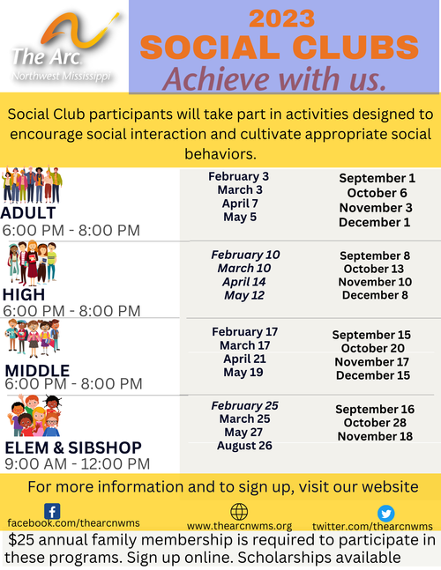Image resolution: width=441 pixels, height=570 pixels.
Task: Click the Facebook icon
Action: (x=52, y=512)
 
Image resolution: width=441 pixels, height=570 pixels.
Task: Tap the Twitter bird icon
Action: (x=386, y=514)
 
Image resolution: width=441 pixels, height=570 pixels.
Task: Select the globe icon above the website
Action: (x=239, y=512)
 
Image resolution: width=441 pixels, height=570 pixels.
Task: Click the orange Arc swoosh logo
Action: (x=78, y=32)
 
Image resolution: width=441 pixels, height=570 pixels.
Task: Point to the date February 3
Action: (x=239, y=176)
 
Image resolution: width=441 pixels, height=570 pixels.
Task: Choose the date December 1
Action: (x=375, y=222)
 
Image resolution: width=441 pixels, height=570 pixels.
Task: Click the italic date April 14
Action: (x=244, y=282)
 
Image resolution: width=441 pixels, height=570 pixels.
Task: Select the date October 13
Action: (x=374, y=269)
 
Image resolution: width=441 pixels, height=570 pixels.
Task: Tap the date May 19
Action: (x=243, y=373)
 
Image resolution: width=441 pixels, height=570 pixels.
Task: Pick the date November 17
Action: (x=372, y=362)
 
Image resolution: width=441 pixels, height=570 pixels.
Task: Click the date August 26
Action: (x=244, y=445)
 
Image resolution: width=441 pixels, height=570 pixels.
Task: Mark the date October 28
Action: (x=375, y=422)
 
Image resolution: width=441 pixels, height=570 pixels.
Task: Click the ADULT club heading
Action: (x=28, y=213)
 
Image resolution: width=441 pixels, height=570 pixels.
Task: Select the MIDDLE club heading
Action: (x=37, y=370)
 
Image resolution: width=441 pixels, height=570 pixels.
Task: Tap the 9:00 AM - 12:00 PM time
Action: (x=77, y=464)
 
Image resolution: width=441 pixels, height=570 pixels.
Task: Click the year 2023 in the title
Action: (x=282, y=19)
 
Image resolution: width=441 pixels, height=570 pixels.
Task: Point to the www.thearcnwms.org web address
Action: (x=239, y=526)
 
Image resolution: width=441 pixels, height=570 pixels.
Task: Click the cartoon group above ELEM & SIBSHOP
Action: (x=34, y=416)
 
